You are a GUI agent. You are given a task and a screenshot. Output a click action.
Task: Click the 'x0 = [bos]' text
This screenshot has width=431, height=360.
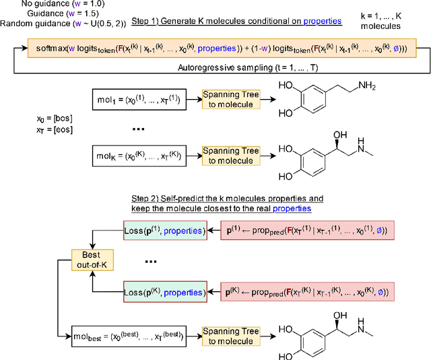(x=34, y=119)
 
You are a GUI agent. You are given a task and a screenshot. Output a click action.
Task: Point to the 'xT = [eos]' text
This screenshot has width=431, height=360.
(x=34, y=129)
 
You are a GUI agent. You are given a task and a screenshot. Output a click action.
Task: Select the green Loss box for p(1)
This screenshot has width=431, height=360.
(x=164, y=231)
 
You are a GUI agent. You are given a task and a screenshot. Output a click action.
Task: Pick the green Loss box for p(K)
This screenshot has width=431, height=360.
(x=164, y=293)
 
